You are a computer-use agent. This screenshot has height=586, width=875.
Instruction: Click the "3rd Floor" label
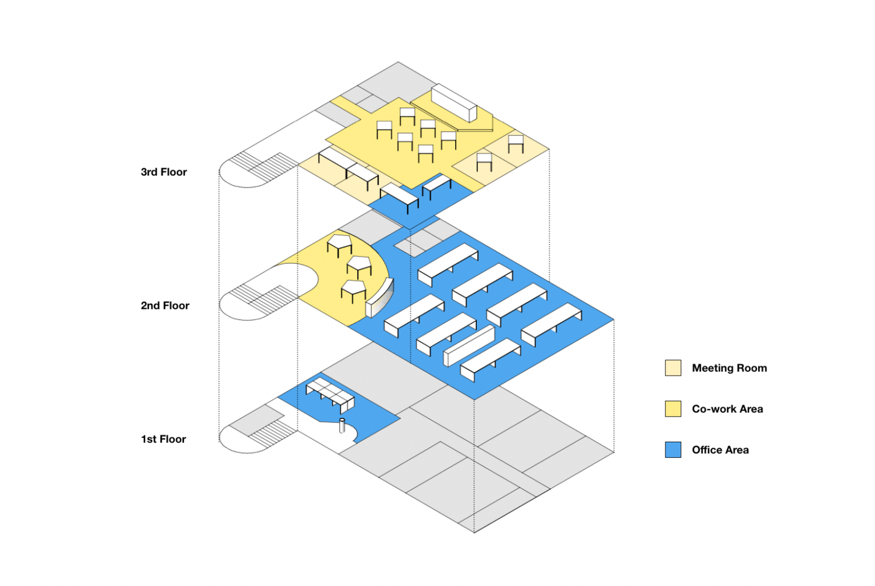click(163, 172)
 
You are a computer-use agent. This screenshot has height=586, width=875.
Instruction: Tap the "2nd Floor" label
click(165, 306)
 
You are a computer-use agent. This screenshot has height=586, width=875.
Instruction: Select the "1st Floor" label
click(163, 439)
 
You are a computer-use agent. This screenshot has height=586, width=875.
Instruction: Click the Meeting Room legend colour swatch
click(673, 368)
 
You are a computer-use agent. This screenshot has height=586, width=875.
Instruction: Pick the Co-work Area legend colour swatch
click(673, 409)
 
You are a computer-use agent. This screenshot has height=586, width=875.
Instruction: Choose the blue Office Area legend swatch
click(673, 450)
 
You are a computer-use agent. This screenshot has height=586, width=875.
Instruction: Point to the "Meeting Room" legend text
click(729, 368)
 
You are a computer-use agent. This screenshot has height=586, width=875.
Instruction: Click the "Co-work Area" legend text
click(727, 409)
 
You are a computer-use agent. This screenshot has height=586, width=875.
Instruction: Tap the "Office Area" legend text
click(720, 450)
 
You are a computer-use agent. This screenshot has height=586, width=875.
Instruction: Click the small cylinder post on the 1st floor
click(342, 425)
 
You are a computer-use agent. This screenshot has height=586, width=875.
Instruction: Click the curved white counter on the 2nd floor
click(379, 298)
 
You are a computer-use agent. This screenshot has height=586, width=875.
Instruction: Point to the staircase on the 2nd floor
click(263, 296)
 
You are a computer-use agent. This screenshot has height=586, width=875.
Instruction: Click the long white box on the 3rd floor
click(453, 102)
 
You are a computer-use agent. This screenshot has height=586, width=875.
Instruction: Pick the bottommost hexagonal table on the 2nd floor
click(353, 289)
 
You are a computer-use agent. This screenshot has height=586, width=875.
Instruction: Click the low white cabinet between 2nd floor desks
click(469, 345)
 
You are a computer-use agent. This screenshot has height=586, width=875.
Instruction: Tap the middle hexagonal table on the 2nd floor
click(359, 265)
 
